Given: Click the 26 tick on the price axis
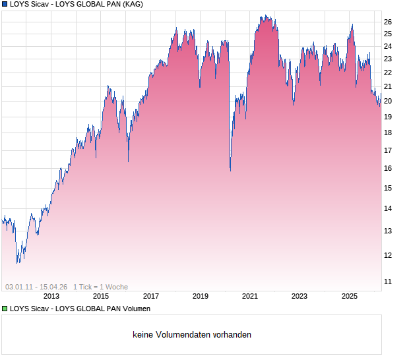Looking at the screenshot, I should coord(389,22).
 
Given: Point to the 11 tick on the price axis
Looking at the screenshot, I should coord(389,282).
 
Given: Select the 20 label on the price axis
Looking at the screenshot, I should coord(389,101).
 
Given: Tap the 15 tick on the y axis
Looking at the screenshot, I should coord(389,188).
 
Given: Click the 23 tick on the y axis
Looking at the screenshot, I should coord(389,59).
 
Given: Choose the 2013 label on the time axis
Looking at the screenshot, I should coord(51,296).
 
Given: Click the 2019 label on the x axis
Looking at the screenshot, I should coord(201,296).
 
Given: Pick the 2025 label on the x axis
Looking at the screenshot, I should coord(349,296).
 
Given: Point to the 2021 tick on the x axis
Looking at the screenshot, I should coord(250,296).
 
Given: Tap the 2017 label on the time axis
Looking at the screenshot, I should coord(151,296).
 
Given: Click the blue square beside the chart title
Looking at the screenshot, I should coord(5,4).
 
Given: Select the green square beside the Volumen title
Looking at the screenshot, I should coord(5,309).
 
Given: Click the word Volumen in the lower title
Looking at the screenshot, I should coord(134,309).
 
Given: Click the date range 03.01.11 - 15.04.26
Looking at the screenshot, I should coord(36,287).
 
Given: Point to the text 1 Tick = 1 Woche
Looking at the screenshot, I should coord(100,287).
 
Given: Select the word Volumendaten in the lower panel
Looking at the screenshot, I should coord(177,335).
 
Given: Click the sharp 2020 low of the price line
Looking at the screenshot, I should coord(230,170).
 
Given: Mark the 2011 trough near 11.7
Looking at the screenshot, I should coord(18,262).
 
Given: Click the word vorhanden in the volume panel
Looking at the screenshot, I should coord(232,335).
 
